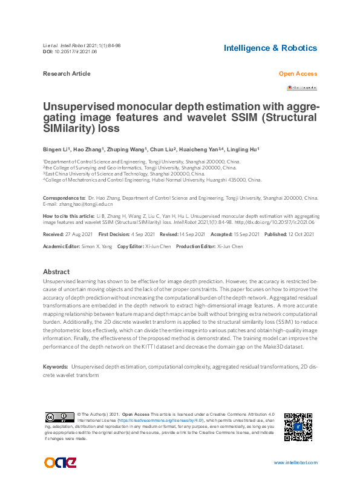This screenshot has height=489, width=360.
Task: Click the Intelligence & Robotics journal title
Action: (x=270, y=48)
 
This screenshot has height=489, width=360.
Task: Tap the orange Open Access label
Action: (x=298, y=74)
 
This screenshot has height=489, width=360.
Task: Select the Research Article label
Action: (x=67, y=74)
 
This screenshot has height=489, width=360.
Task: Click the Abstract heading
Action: (x=56, y=272)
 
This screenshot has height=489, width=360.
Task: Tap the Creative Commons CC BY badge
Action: (x=59, y=418)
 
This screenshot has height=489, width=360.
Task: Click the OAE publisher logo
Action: (x=60, y=463)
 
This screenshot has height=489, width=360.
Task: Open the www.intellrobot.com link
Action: (x=295, y=463)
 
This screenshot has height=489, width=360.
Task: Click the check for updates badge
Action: (x=302, y=88)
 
